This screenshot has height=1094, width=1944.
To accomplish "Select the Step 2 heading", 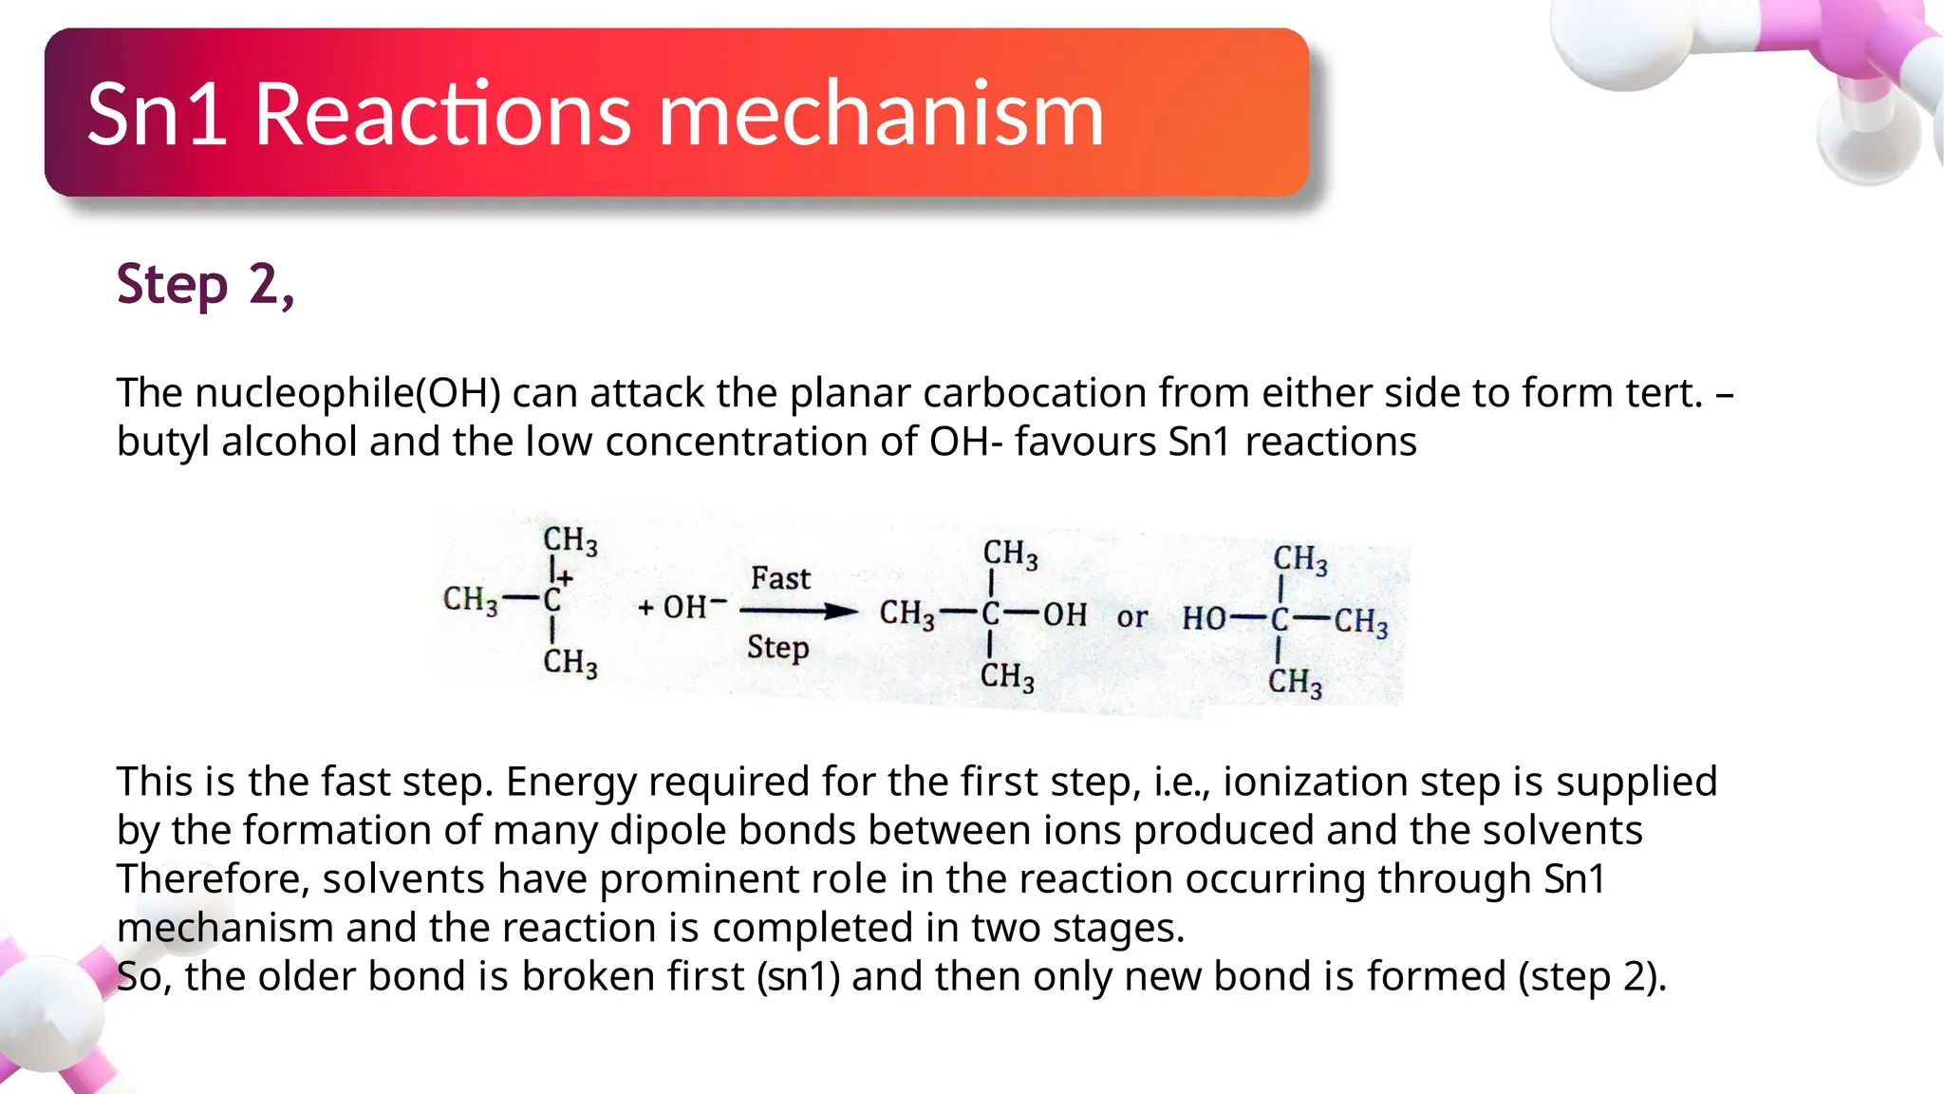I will click(x=205, y=284).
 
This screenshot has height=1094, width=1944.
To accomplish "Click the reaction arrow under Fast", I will click(x=798, y=612).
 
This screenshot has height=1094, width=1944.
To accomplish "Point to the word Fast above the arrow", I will click(x=780, y=578).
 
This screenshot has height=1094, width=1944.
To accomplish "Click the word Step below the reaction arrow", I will click(x=777, y=648).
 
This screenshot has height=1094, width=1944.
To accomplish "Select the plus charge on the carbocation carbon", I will click(x=566, y=576).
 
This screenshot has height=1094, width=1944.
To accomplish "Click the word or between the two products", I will click(x=1131, y=617).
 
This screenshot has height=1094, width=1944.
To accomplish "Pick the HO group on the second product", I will click(x=1205, y=619).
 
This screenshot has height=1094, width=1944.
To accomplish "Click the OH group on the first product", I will click(x=1065, y=614).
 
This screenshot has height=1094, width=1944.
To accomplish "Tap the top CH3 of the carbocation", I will click(x=570, y=540).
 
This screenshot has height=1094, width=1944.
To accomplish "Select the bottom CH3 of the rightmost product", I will click(x=1295, y=681).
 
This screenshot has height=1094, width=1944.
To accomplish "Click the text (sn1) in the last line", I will click(x=798, y=976).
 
